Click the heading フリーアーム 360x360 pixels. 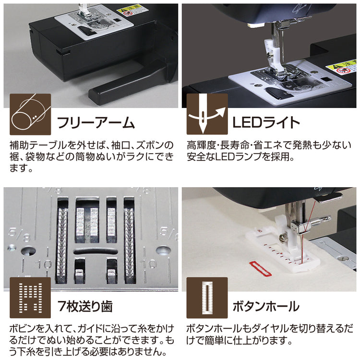[96, 122]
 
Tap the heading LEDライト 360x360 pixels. [266, 122]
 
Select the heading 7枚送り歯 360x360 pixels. [85, 306]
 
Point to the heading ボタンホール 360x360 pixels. [266, 306]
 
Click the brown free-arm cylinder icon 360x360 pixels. [30, 114]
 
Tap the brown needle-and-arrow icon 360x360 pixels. [207, 114]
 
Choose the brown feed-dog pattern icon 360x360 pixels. [30, 298]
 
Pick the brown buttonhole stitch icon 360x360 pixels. [207, 298]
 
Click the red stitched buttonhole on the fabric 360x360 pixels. [260, 268]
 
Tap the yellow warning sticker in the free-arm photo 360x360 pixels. [129, 10]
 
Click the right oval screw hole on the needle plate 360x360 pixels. [163, 251]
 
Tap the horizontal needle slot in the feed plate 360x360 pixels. [95, 252]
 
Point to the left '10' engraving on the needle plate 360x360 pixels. [44, 264]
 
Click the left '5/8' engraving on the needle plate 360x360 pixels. [19, 234]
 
